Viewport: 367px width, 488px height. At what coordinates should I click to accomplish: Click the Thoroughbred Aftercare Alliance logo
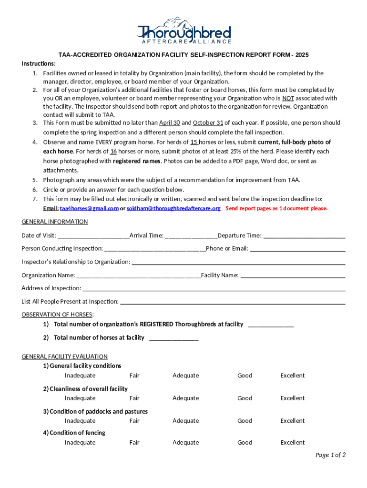click(183, 31)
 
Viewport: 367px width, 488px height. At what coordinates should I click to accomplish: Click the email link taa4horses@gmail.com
click(89, 208)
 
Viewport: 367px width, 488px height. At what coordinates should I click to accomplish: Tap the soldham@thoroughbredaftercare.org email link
click(173, 208)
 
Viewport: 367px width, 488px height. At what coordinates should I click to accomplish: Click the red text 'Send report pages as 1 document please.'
click(276, 208)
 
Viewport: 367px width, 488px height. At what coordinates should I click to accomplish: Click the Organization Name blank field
click(138, 275)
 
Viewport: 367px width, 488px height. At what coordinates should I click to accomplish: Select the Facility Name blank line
click(293, 275)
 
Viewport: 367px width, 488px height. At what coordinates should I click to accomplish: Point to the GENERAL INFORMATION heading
click(55, 222)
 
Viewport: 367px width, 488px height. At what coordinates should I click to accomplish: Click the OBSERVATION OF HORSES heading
click(58, 315)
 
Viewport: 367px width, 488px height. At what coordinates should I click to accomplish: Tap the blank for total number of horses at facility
click(173, 338)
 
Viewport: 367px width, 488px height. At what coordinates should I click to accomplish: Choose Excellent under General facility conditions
click(292, 376)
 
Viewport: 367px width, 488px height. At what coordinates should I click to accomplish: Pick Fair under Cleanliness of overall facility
click(134, 398)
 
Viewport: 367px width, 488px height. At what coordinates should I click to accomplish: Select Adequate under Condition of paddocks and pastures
click(185, 421)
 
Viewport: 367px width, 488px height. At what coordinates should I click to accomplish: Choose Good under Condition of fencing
click(245, 443)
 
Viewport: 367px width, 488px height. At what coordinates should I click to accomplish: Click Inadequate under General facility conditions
click(80, 376)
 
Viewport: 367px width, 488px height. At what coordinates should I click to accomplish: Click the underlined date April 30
click(169, 123)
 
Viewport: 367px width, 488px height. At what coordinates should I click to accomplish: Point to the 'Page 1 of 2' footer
click(330, 455)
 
